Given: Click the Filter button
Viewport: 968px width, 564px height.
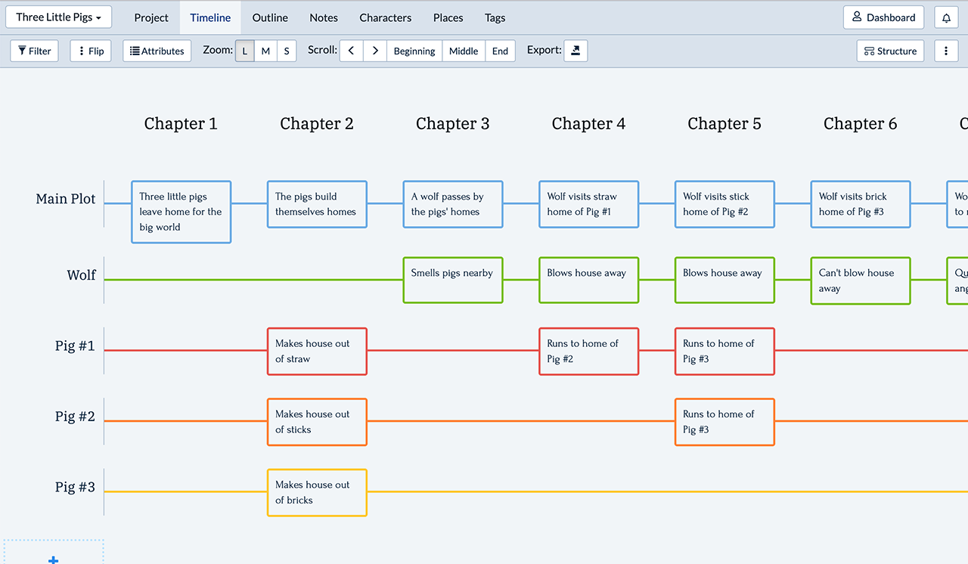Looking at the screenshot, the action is (x=34, y=51).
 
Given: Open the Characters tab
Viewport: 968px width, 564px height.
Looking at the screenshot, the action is (x=386, y=17).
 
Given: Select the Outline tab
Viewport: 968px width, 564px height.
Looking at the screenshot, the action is (x=270, y=17).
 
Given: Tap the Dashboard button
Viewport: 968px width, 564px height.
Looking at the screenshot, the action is (x=883, y=17).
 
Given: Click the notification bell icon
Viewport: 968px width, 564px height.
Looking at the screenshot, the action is (x=946, y=17).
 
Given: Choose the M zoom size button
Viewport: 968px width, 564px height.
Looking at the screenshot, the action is (x=265, y=51).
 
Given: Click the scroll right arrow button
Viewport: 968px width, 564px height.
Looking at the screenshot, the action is (x=375, y=51).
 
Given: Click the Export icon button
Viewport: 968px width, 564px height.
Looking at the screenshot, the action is (x=576, y=51).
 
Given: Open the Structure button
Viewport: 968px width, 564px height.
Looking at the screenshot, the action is (x=890, y=51).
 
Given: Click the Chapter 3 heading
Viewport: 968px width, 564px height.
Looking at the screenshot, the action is (x=452, y=123).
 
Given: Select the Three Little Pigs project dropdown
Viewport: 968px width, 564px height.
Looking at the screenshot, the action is (x=59, y=17).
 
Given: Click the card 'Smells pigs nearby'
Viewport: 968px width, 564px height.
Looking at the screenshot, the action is (x=453, y=280).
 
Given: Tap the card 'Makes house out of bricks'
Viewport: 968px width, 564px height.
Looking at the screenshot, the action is (x=317, y=493).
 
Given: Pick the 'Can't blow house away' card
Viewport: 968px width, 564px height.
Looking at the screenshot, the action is (x=861, y=280).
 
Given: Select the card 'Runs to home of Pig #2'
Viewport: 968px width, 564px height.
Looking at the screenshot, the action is (x=588, y=352).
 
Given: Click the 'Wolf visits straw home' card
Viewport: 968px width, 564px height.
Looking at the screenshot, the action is (x=588, y=204).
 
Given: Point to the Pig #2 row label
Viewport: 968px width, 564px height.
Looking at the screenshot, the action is (x=75, y=417).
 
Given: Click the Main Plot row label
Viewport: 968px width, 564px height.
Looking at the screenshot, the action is (x=65, y=199).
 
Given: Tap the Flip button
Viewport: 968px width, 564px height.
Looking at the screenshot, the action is (x=91, y=51).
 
